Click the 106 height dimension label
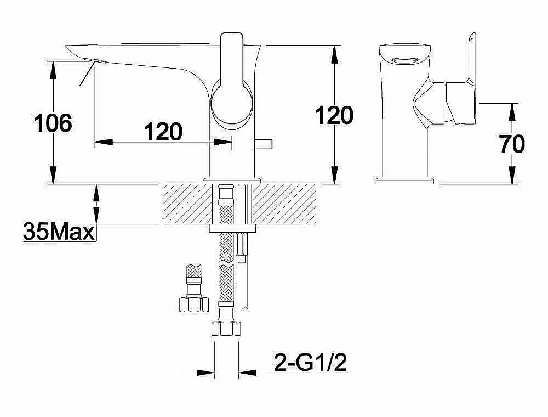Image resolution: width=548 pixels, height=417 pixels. click(53, 123)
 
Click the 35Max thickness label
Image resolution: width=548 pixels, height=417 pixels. click(59, 231)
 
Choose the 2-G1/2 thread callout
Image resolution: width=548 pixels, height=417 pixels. click(311, 363)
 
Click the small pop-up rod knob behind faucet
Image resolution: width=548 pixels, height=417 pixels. click(264, 144)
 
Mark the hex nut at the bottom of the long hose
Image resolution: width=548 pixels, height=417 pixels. click(226, 328)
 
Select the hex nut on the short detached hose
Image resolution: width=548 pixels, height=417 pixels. click(193, 304)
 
